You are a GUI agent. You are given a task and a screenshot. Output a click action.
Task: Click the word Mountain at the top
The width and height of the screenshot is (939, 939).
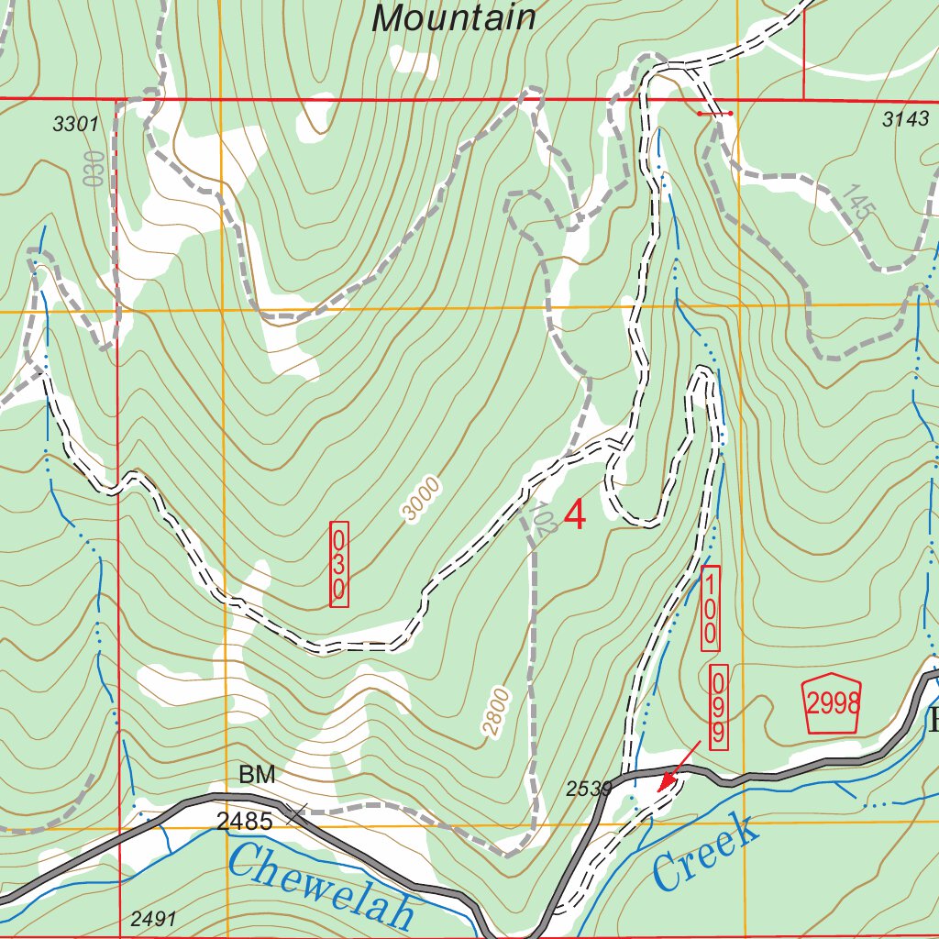(x=454, y=17)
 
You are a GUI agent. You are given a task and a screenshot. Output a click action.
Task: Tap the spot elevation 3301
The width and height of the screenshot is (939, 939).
(x=75, y=125)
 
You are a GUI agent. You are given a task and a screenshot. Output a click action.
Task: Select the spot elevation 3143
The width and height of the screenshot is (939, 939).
(x=905, y=118)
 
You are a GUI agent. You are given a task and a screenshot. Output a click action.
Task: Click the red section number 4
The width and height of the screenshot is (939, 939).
(x=575, y=515)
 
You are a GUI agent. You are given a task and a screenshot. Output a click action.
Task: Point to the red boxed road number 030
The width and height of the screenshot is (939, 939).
(x=339, y=564)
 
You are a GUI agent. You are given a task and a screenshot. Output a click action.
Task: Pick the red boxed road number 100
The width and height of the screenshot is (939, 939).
(x=711, y=609)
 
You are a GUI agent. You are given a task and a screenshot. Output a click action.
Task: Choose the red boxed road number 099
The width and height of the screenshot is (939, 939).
(x=719, y=707)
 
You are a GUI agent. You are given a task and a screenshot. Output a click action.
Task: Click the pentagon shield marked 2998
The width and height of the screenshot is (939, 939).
(x=834, y=704)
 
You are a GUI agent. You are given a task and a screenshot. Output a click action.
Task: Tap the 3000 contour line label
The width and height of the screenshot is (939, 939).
(x=422, y=500)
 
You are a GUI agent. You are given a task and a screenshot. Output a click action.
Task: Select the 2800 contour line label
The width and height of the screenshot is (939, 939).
(x=496, y=711)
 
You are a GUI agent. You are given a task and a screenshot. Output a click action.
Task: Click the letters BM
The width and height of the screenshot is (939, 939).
(x=257, y=775)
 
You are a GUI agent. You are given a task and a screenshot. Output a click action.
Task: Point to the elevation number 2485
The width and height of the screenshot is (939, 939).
(x=246, y=822)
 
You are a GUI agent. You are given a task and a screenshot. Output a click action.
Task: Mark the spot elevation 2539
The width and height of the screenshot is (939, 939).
(x=588, y=788)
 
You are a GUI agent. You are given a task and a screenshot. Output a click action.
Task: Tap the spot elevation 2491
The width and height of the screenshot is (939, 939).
(x=152, y=918)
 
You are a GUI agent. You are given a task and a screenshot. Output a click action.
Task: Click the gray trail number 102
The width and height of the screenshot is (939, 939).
(x=543, y=517)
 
